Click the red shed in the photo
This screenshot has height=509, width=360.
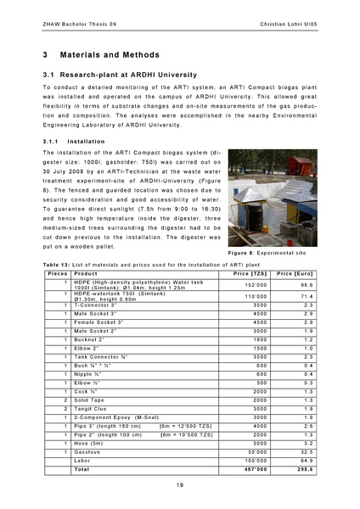tap(299, 165)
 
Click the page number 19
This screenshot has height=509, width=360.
tap(180, 484)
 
